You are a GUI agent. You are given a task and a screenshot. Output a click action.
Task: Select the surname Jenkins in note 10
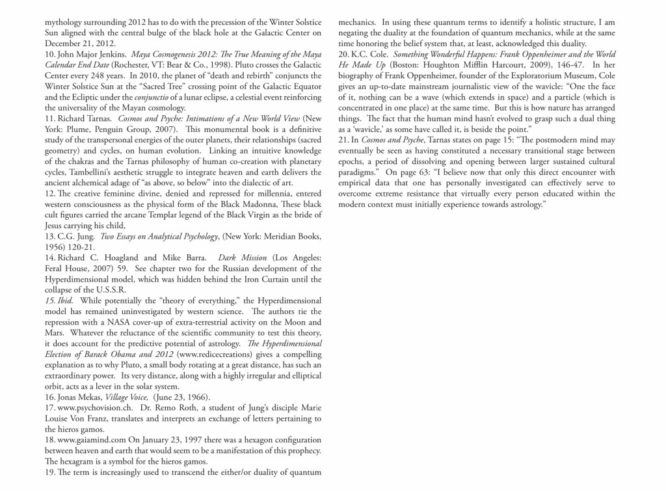[x=107, y=54]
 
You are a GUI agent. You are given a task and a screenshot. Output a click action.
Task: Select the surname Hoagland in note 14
[x=120, y=258]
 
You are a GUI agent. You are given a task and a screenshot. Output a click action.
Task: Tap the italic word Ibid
[x=64, y=300]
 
